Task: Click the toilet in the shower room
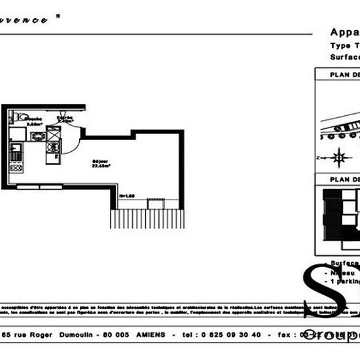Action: point(22,117)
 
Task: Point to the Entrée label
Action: point(64,119)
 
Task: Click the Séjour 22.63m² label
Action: point(101,164)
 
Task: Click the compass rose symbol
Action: point(339,156)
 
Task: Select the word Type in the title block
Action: point(339,46)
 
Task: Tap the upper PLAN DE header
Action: point(344,75)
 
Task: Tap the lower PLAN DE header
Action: point(344,179)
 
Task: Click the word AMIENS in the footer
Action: point(151,334)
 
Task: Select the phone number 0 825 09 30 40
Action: point(232,334)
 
